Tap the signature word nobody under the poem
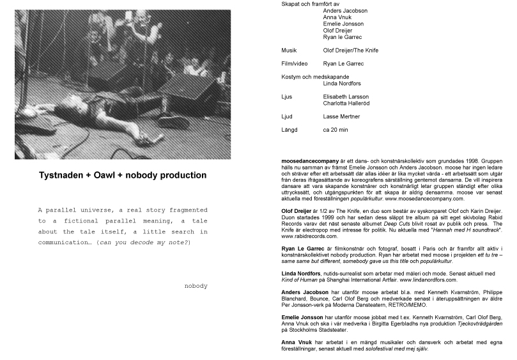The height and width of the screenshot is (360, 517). tap(195, 285)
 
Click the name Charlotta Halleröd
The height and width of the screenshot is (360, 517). tap(346, 102)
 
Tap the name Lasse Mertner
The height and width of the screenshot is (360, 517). tap(342, 116)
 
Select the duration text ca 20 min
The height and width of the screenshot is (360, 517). tap(337, 130)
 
